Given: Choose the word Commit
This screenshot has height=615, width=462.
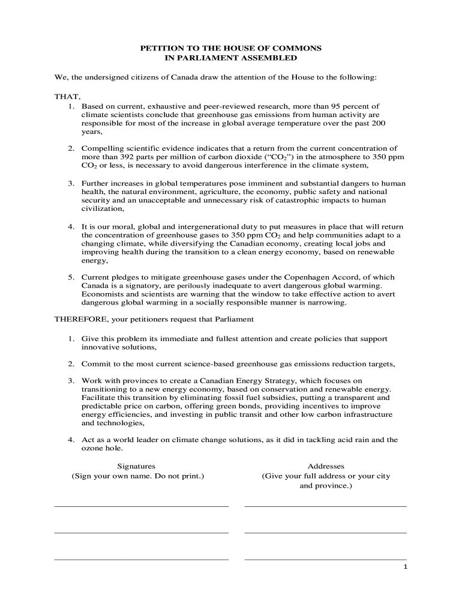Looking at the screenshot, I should pos(95,364).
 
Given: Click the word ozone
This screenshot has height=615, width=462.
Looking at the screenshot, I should pos(92,448).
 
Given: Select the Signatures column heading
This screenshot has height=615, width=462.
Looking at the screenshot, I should pos(136,466).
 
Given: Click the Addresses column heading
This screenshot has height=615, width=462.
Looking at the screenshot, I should pos(326,466).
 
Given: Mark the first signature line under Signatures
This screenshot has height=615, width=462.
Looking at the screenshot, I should pos(142,506).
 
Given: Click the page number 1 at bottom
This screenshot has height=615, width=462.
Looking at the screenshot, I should pos(405,566).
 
